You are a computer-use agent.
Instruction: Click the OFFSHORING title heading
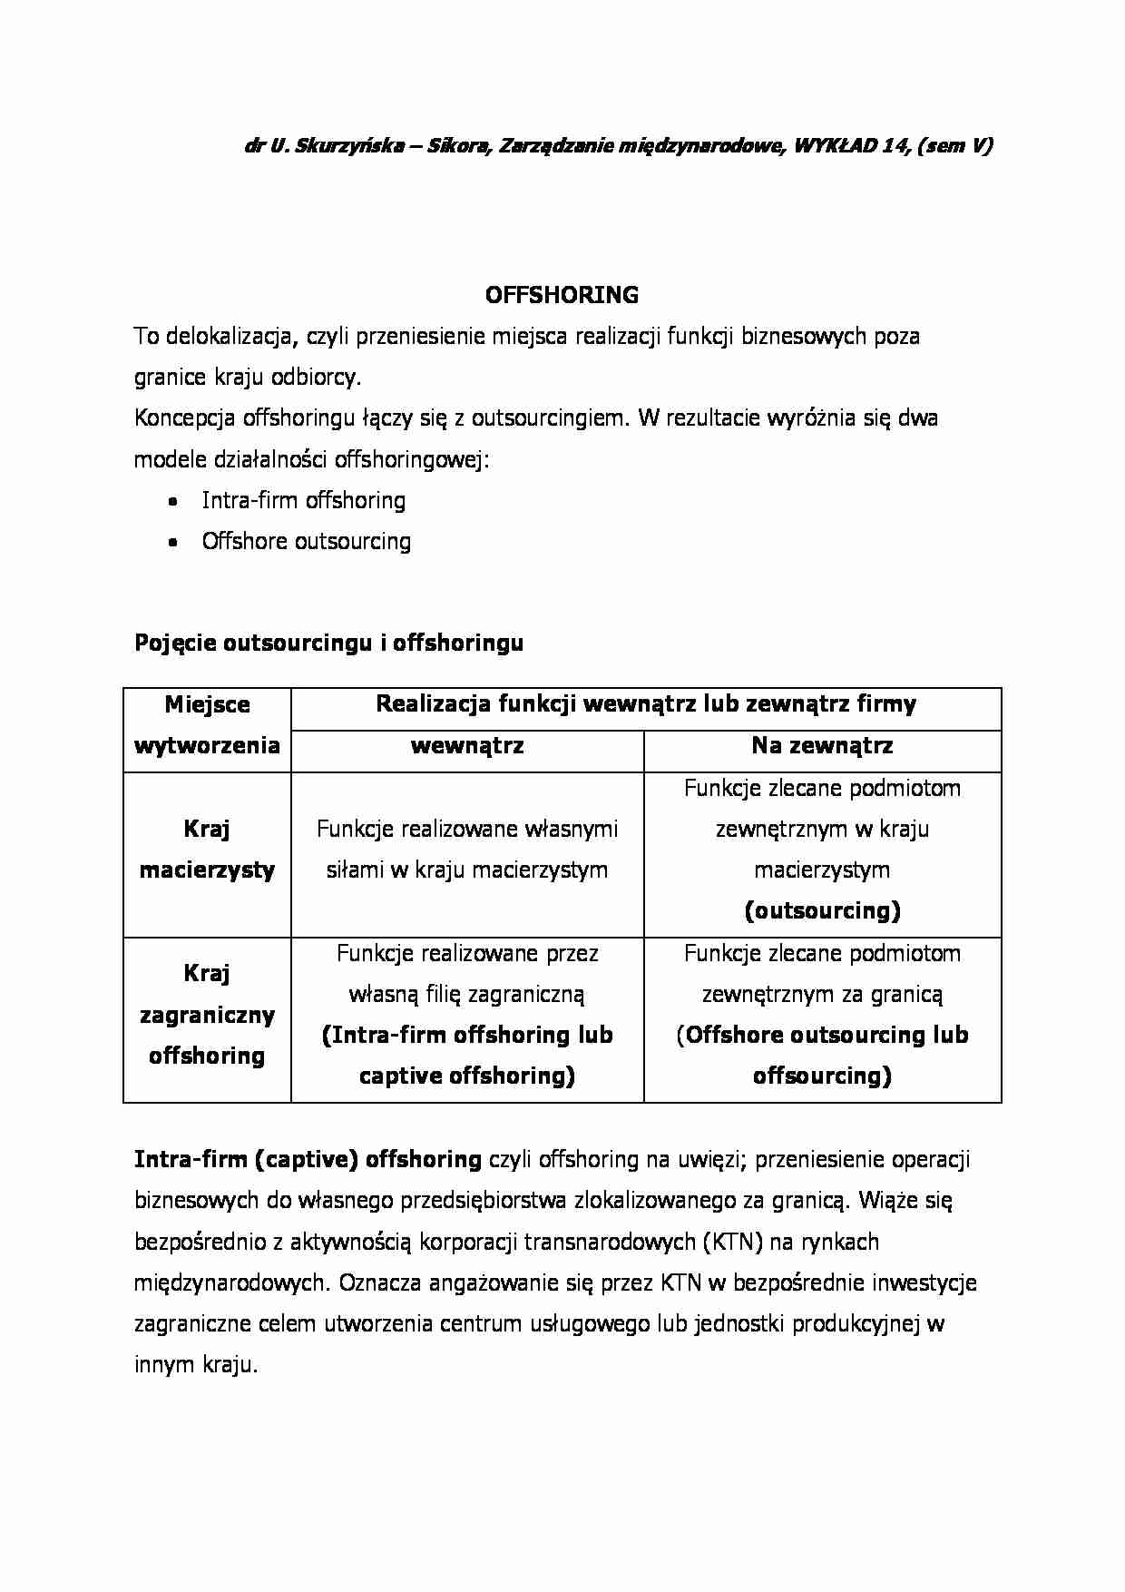coord(562,295)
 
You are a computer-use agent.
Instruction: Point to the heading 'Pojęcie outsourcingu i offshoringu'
coord(328,643)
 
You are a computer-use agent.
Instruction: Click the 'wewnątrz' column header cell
coord(467,746)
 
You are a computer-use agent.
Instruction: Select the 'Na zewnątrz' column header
coord(822,746)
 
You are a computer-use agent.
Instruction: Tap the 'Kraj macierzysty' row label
coord(207,850)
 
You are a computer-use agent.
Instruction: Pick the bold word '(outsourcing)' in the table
coord(822,911)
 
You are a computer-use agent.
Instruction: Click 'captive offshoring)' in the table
coord(467,1076)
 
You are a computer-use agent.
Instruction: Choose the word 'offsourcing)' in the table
coord(822,1076)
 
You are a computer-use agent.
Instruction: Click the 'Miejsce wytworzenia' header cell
coord(207,725)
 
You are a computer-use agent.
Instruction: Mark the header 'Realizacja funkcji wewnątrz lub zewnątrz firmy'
coord(646,704)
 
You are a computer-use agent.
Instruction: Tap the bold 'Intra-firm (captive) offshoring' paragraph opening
coord(308,1159)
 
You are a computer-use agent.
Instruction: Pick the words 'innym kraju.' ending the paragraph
coord(196,1365)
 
